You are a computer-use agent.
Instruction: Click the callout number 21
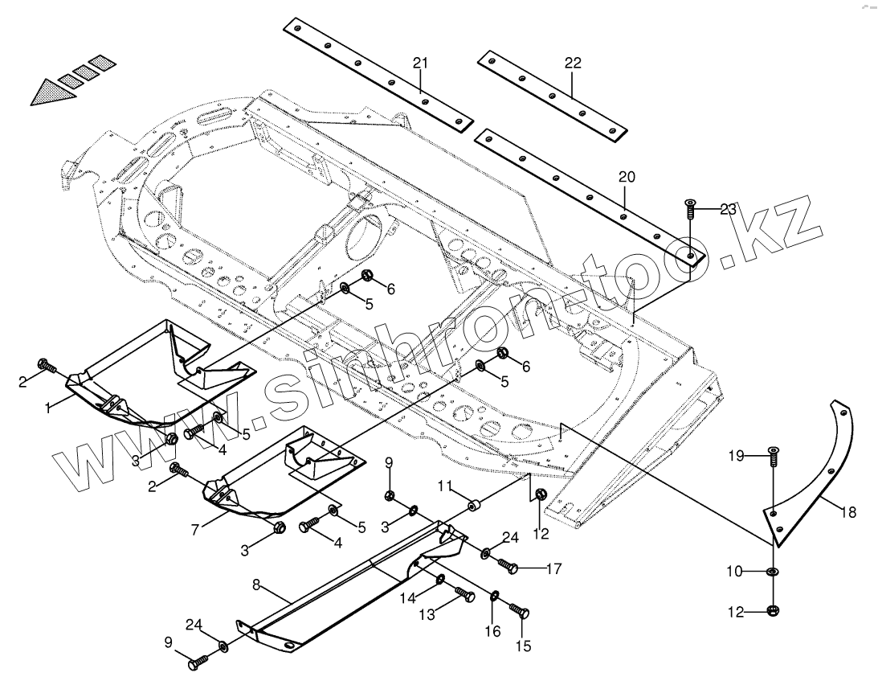coord(421,64)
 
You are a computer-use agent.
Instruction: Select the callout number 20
coord(626,178)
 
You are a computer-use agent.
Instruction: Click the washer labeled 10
coord(772,572)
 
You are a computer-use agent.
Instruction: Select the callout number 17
coord(553,569)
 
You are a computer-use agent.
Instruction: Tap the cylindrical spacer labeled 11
coord(475,508)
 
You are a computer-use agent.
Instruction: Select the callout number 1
coord(49,408)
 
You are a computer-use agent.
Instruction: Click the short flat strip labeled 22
coord(551,92)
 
